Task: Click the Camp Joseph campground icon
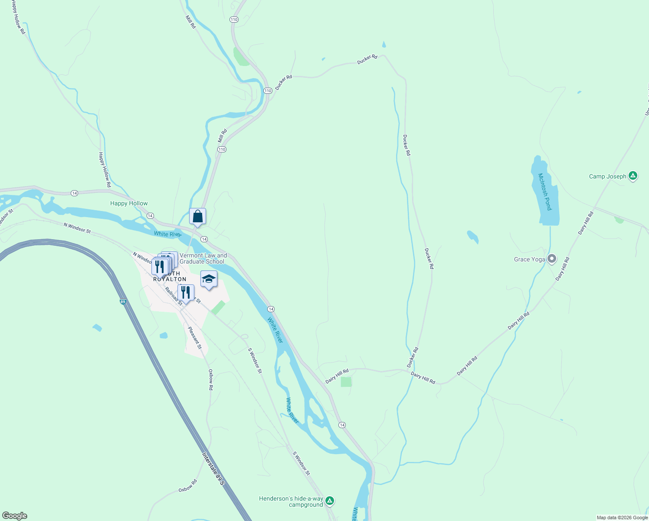633,176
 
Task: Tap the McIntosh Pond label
544,191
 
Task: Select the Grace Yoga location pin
551,259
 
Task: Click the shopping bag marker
197,216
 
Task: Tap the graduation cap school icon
209,279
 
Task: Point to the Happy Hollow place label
129,203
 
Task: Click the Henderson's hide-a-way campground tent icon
330,501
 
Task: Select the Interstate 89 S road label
213,469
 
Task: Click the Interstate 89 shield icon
123,302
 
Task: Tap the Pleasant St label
195,338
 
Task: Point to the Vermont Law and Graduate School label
203,259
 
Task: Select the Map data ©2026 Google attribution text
622,518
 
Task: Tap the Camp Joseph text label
607,176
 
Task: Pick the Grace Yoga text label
529,259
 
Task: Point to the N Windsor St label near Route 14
77,228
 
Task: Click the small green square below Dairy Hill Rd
346,382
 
